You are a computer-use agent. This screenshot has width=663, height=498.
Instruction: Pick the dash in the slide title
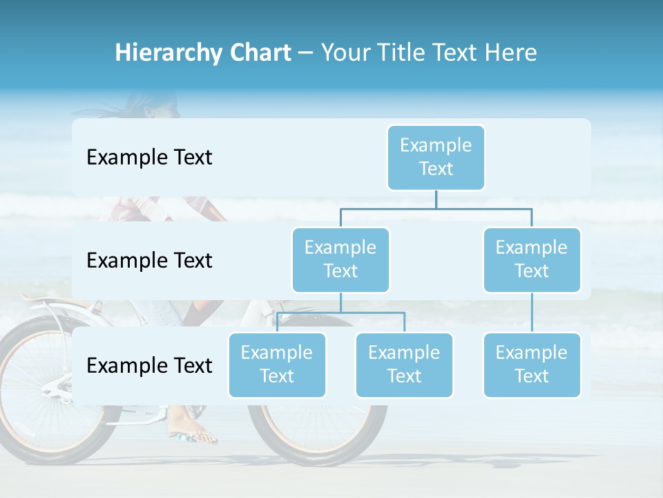click(x=306, y=54)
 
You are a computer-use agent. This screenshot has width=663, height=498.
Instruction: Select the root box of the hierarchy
click(x=436, y=157)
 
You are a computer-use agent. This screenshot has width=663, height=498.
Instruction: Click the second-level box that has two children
click(x=340, y=259)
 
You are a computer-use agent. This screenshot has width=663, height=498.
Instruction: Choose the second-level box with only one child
click(x=532, y=259)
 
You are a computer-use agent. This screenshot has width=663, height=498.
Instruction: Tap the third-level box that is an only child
click(x=532, y=365)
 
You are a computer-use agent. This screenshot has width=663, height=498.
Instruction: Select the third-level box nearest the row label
click(x=277, y=365)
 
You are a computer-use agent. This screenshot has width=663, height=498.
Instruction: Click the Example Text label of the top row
click(x=149, y=158)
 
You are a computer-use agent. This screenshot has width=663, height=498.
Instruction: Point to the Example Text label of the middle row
click(x=149, y=261)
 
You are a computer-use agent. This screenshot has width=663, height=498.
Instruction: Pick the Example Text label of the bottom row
click(x=149, y=365)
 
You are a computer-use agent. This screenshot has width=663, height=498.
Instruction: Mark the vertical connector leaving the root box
click(x=436, y=199)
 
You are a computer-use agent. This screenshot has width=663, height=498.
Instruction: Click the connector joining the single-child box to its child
click(x=532, y=312)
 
